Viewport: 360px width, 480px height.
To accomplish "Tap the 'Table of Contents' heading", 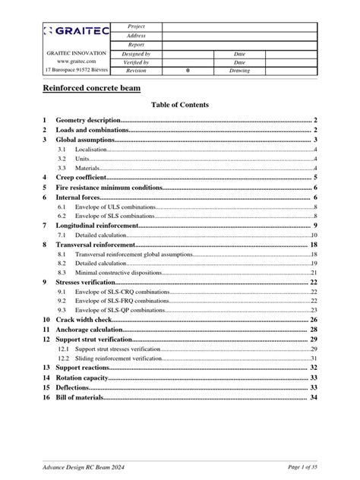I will [x=180, y=105].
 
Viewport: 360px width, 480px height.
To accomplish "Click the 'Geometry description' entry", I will [x=88, y=121].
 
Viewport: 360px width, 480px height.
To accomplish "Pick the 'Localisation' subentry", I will [x=90, y=150].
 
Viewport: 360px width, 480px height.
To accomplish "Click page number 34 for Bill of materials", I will [x=313, y=396].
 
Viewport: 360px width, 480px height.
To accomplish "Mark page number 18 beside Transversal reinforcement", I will [x=313, y=245].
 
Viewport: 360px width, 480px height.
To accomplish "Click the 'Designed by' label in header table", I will [x=136, y=55].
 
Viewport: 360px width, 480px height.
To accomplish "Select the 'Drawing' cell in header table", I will [x=239, y=70].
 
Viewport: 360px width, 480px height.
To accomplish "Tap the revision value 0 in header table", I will [x=188, y=70].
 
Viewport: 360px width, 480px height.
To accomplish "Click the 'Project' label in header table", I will [x=136, y=26].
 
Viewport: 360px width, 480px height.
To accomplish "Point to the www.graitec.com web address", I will [x=76, y=62].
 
